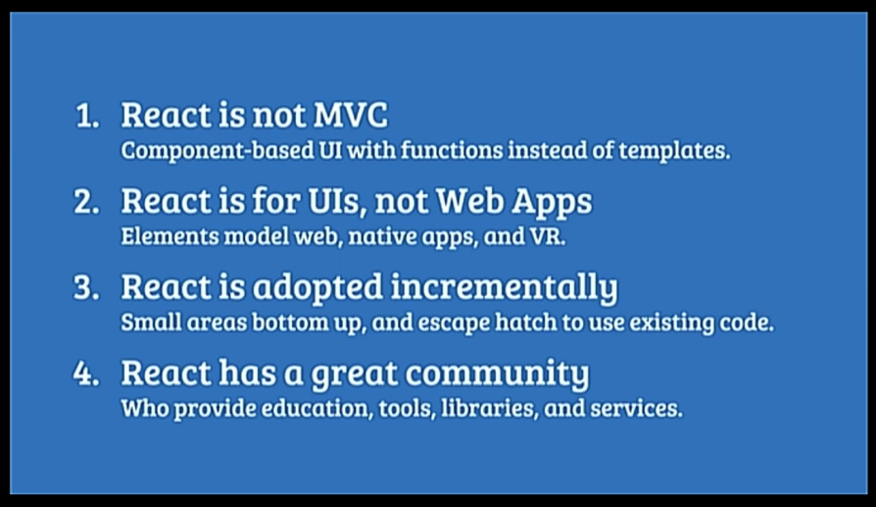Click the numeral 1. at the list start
pos(87,117)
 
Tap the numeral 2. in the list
pos(86,202)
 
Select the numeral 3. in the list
pos(86,288)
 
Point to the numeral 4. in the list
pos(86,374)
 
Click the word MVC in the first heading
pos(350,115)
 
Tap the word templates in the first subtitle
pos(674,151)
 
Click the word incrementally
pos(504,288)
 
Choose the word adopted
pos(317,288)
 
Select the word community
pos(497,374)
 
